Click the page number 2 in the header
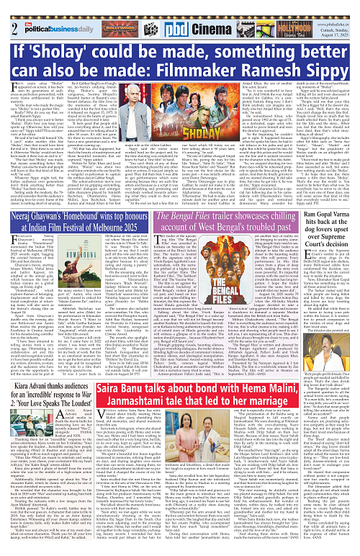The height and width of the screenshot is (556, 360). click(x=6, y=9)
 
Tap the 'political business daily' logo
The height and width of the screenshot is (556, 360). click(x=43, y=9)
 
